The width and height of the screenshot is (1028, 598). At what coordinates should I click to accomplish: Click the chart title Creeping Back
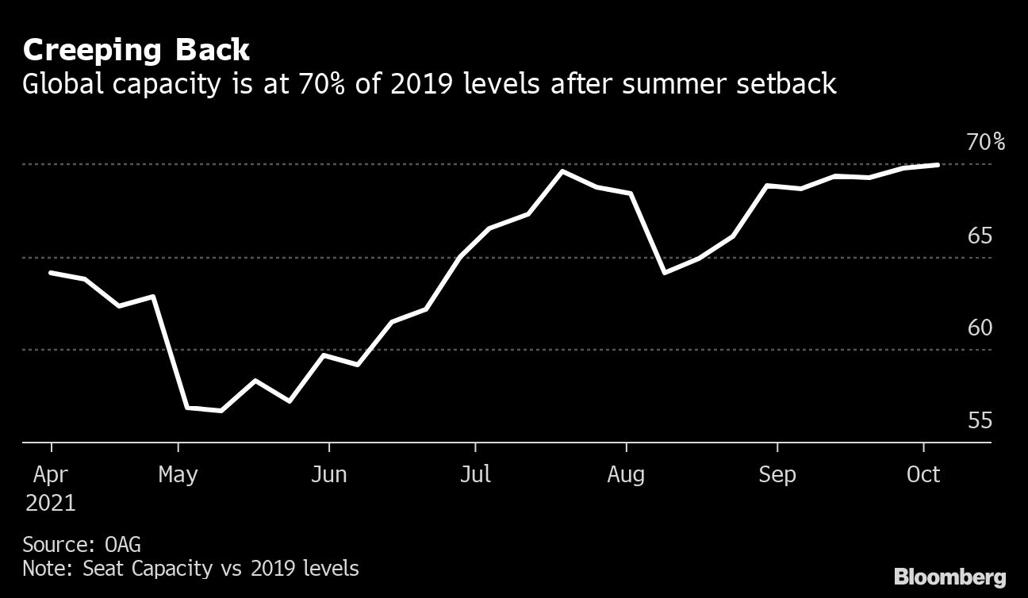[136, 51]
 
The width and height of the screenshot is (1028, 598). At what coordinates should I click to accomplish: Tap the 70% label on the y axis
[985, 143]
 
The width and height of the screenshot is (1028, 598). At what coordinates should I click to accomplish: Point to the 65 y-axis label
[980, 236]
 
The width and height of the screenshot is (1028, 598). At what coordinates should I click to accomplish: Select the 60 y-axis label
[980, 328]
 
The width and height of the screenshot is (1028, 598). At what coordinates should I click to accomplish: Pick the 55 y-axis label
[980, 420]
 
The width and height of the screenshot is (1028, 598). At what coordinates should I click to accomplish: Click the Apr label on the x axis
[51, 475]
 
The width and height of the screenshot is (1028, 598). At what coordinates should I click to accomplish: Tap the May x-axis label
[178, 475]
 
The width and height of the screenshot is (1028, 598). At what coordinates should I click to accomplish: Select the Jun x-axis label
[328, 475]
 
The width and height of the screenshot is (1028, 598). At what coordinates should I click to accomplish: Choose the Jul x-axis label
[475, 475]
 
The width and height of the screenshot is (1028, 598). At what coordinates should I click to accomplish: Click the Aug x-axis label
[627, 475]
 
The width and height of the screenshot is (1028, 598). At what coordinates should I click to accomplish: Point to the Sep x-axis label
[777, 475]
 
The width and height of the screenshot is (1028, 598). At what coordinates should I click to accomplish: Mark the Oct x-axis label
[923, 475]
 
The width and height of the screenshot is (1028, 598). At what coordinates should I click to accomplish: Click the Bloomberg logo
[949, 577]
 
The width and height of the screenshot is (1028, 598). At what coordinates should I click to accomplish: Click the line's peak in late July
[562, 171]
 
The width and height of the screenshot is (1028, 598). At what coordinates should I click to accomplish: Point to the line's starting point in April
[51, 273]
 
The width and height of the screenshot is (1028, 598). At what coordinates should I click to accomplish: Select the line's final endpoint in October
[938, 165]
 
